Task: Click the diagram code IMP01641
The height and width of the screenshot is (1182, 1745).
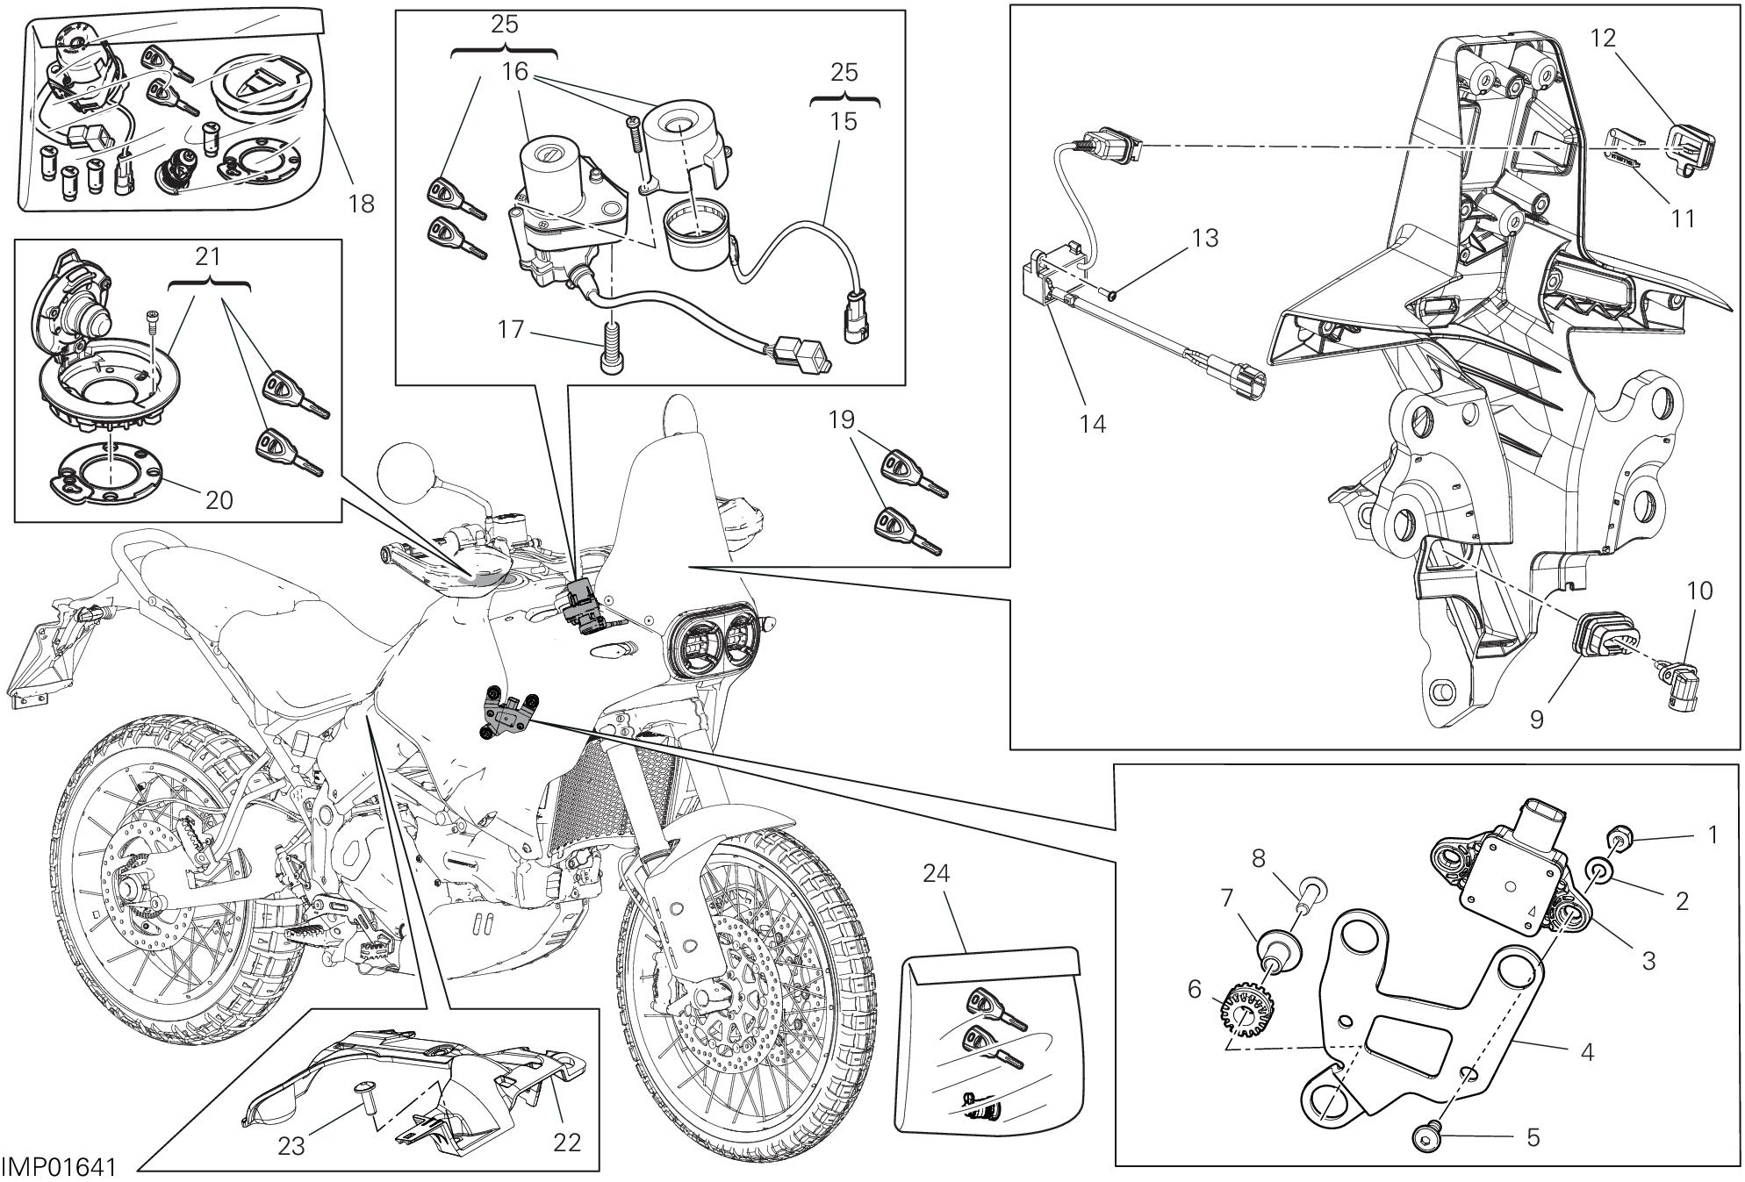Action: coord(59,1168)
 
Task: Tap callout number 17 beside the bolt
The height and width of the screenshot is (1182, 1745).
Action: coord(511,330)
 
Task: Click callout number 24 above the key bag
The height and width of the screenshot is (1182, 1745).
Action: coord(937,873)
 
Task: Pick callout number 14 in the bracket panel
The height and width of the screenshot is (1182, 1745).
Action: coord(1093,424)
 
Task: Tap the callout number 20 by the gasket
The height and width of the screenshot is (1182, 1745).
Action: coord(219,499)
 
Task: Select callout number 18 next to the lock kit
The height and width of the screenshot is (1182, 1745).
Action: coord(361,204)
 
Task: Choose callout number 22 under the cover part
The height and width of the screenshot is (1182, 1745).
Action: coord(568,1142)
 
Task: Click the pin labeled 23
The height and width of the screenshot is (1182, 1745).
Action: coord(363,1092)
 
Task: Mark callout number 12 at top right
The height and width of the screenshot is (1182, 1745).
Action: coord(1602,38)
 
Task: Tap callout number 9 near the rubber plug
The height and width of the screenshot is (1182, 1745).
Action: coord(1537,720)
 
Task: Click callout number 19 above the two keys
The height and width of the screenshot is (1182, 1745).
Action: coord(841,420)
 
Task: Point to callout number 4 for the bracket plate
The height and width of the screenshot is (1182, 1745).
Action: coord(1586,1051)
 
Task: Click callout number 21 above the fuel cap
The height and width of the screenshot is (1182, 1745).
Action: coord(208,256)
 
